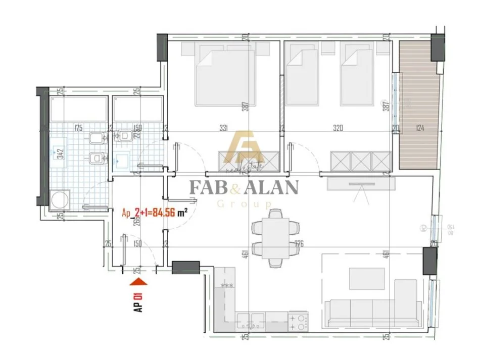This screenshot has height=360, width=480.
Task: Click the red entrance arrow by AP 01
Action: pyautogui.click(x=138, y=286)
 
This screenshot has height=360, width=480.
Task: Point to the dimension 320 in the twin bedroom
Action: pyautogui.click(x=338, y=128)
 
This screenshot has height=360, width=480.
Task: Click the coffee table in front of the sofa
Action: pyautogui.click(x=367, y=278)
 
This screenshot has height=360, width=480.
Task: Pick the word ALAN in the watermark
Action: pyautogui.click(x=272, y=187)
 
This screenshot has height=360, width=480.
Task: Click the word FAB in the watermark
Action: pyautogui.click(x=207, y=187)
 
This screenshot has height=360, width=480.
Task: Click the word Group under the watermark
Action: pyautogui.click(x=244, y=204)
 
